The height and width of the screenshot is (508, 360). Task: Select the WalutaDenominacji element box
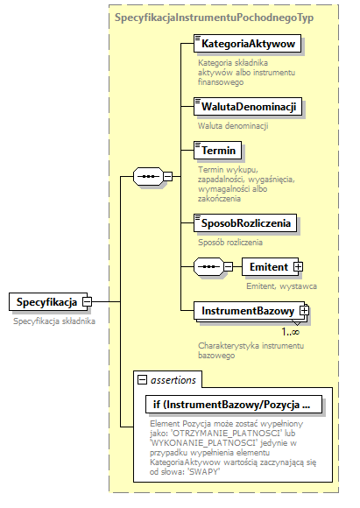(x=249, y=107)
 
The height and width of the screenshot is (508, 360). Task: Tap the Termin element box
(x=219, y=152)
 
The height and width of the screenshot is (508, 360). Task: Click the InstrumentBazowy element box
(x=248, y=311)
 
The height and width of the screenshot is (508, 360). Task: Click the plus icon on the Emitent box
(x=298, y=266)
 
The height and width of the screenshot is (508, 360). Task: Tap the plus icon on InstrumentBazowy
(x=304, y=311)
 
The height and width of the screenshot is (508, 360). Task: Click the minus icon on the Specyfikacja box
(x=87, y=302)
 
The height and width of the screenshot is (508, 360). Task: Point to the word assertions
(x=174, y=378)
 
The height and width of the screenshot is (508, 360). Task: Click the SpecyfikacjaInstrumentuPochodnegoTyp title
(x=214, y=17)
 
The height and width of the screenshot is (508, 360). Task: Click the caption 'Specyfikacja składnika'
(x=54, y=321)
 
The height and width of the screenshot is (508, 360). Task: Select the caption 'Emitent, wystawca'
(x=280, y=286)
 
